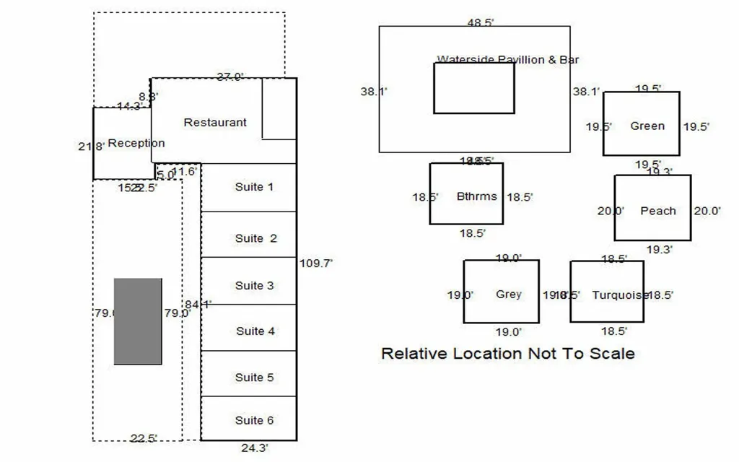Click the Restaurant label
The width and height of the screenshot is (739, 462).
pyautogui.click(x=215, y=123)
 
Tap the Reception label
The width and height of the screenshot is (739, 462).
pyautogui.click(x=136, y=143)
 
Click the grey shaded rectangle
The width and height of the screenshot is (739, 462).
pyautogui.click(x=138, y=321)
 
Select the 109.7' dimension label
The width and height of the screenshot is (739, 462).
pyautogui.click(x=315, y=263)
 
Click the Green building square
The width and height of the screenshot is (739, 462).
pyautogui.click(x=642, y=123)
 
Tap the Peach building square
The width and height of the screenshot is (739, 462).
pyautogui.click(x=652, y=208)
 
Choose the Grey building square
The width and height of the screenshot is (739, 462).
pyautogui.click(x=501, y=292)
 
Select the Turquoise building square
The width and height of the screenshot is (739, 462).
pyautogui.click(x=607, y=292)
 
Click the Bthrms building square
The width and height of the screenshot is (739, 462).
pyautogui.click(x=466, y=193)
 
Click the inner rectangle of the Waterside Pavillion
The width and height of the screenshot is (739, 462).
pyautogui.click(x=474, y=88)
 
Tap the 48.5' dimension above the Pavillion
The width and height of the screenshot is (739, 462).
pyautogui.click(x=480, y=22)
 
